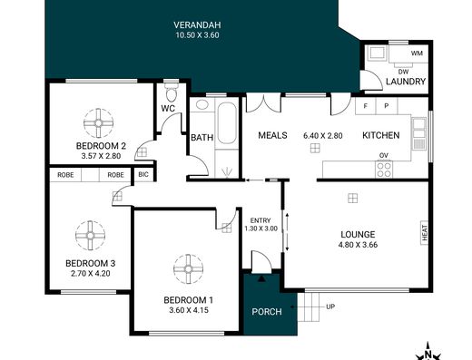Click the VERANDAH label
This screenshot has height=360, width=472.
tap(197, 24)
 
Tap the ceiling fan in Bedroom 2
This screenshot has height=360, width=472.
tap(98, 123)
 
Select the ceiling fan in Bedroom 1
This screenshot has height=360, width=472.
tap(188, 269)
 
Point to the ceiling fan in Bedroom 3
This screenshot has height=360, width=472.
tap(90, 236)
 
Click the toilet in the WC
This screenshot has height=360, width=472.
tap(172, 92)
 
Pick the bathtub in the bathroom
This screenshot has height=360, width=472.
tap(227, 123)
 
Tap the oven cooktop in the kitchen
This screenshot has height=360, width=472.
tap(384, 170)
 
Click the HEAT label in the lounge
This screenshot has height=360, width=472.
tap(425, 232)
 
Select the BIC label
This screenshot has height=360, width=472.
tap(143, 174)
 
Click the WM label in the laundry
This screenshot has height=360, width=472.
tap(417, 54)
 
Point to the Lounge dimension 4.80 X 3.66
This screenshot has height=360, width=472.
tap(358, 245)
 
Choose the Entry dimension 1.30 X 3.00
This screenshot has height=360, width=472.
tap(261, 229)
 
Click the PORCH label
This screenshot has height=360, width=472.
tap(267, 312)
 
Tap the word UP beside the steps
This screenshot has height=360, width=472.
tap(330, 306)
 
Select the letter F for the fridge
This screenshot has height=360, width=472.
tap(366, 106)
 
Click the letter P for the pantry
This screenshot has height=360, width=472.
tap(387, 106)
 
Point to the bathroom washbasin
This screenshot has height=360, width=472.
tap(202, 104)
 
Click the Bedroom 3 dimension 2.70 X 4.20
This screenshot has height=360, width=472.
tap(90, 274)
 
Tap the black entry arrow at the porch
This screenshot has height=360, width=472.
tap(261, 278)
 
